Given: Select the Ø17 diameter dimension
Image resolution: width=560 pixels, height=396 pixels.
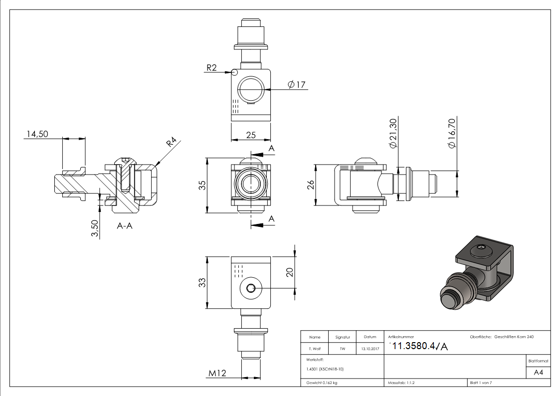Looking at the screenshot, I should coord(297,85).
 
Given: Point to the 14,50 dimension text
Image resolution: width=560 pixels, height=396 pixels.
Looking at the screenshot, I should coord(38,134).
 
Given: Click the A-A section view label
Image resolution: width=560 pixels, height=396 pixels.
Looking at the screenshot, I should coord(125,225).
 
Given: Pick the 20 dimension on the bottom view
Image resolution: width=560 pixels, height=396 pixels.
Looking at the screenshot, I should coord(289,272).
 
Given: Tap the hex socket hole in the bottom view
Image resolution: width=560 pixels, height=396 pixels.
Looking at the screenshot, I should coord(251,288).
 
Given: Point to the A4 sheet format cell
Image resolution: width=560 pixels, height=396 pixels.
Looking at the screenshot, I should coord(538,373).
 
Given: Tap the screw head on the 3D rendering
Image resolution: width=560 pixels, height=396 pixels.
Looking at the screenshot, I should coord(480,247).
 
